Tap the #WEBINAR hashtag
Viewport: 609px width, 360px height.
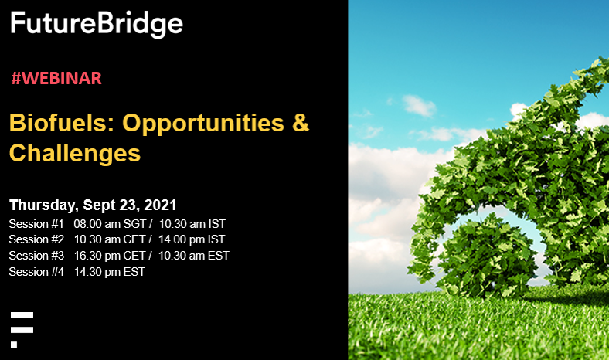click(x=56, y=78)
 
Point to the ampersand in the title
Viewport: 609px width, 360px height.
click(x=300, y=123)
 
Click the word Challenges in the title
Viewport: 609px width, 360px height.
click(x=74, y=152)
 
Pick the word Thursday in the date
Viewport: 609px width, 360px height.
click(x=43, y=205)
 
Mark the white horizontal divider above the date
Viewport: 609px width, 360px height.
click(x=72, y=188)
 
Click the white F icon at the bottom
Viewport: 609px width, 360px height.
click(x=22, y=328)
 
